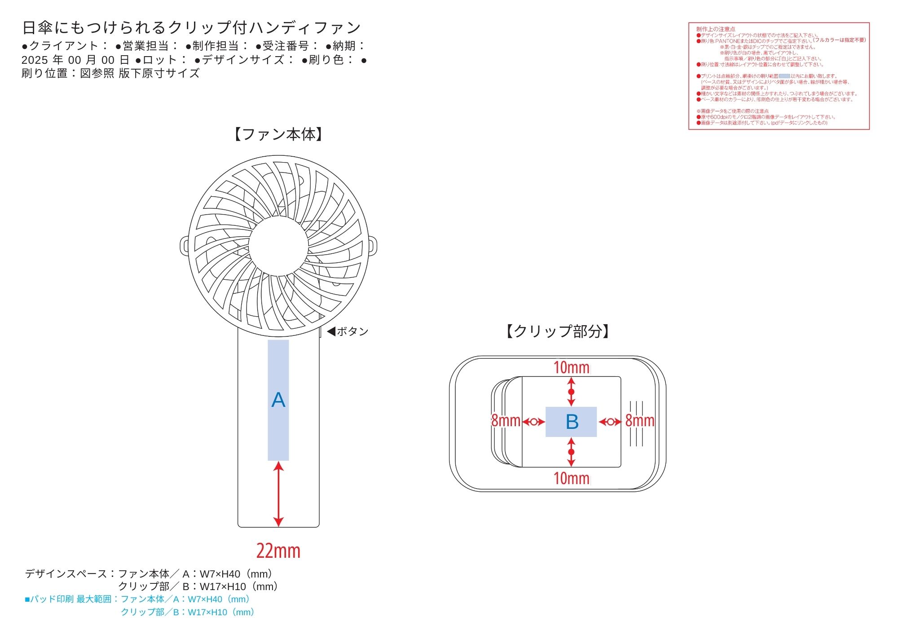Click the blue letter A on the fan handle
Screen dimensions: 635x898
278,400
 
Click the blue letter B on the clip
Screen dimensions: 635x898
572,422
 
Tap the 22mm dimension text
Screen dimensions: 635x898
278,551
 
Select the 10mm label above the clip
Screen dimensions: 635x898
571,367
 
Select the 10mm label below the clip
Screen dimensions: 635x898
571,478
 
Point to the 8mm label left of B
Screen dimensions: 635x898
506,421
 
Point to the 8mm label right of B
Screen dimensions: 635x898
640,421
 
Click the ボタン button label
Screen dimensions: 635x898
352,331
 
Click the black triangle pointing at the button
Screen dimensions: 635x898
331,331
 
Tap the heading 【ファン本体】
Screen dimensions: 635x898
278,134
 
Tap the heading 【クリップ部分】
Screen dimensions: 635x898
558,331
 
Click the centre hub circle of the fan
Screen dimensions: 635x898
278,247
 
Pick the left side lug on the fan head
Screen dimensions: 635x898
185,247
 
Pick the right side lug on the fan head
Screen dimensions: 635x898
373,247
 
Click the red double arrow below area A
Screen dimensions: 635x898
278,494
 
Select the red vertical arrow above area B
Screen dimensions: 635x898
571,392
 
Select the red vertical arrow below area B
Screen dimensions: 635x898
571,452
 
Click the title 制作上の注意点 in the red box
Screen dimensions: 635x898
716,29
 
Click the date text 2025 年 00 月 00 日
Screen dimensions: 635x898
75,60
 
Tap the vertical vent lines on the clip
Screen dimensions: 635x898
636,423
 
